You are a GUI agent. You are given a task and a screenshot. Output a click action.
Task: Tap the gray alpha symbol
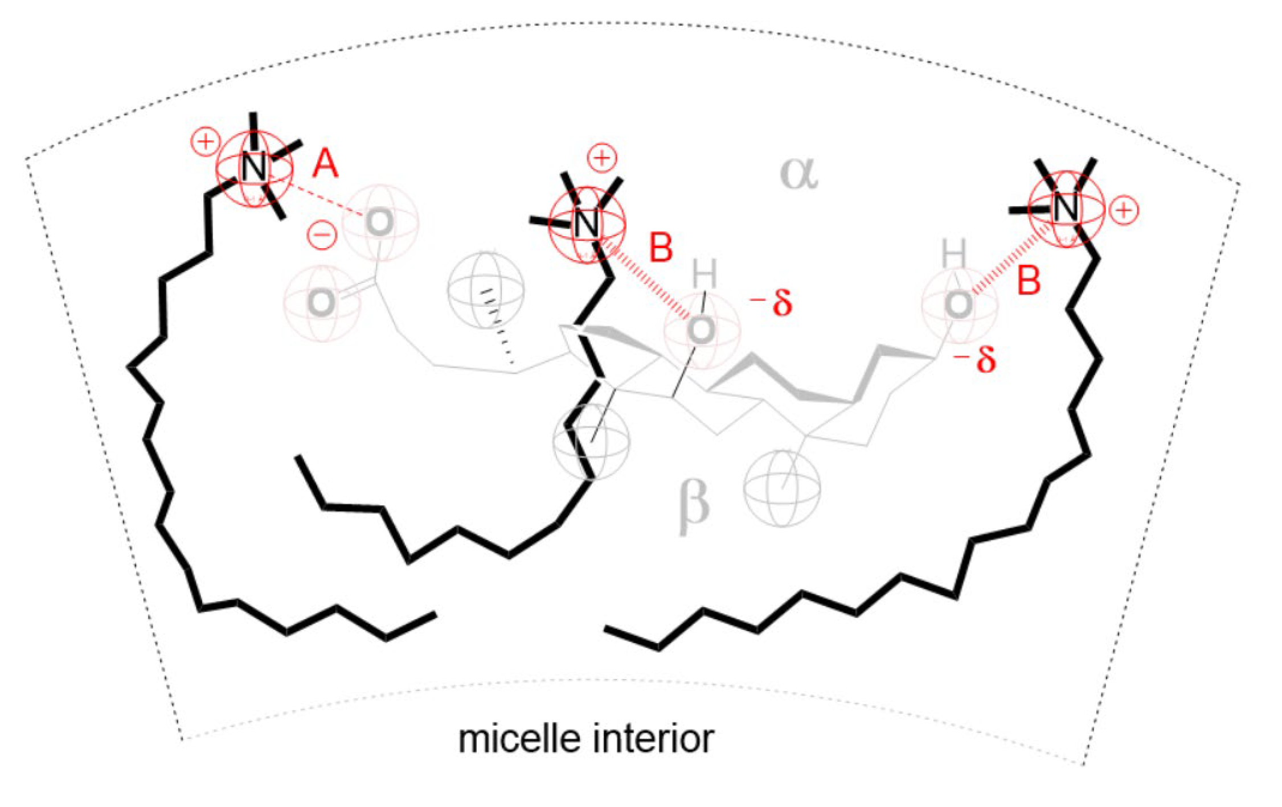(798, 173)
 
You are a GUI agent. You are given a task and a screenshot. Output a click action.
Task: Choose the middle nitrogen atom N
(587, 224)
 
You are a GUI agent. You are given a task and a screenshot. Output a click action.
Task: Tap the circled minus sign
(322, 234)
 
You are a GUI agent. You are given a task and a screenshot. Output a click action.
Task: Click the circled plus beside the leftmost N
(205, 141)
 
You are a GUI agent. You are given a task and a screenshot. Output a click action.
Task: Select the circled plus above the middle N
(602, 158)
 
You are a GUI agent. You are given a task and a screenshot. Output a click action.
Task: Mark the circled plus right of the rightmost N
(1124, 211)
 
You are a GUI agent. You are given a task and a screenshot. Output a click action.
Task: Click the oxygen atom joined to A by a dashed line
(380, 222)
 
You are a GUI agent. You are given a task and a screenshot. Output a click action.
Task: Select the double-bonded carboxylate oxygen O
(321, 302)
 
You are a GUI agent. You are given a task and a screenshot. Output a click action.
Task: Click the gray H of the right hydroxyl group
(953, 253)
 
